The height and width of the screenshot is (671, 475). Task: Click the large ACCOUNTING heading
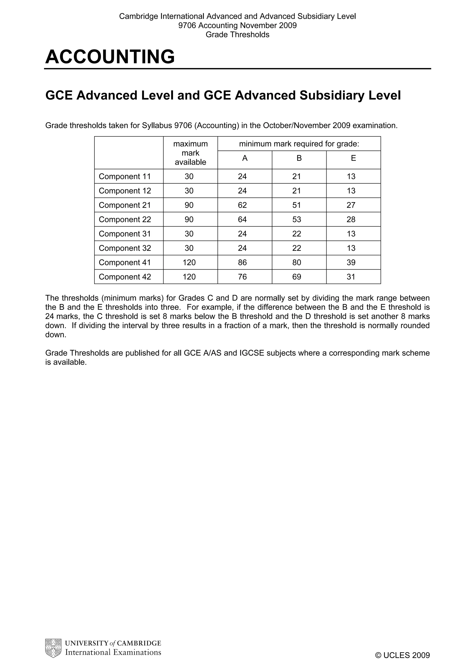(x=110, y=56)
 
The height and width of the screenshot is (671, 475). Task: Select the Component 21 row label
(x=125, y=205)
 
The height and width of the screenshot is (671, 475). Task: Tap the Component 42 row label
(x=125, y=277)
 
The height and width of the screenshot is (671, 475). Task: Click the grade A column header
(x=245, y=158)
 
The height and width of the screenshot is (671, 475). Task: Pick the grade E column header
(x=353, y=158)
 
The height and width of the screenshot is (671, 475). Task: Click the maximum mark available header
(x=190, y=153)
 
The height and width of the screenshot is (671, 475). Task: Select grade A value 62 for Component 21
(x=242, y=205)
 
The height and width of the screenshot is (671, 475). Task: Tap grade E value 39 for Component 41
(x=351, y=262)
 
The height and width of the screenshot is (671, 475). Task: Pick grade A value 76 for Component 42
(x=242, y=277)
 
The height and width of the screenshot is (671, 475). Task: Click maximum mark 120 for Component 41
(x=189, y=262)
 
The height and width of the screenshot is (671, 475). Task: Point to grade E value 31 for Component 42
(x=351, y=277)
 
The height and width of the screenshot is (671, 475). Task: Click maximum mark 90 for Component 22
(x=189, y=219)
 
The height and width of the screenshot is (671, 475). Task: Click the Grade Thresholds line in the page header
(x=237, y=34)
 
